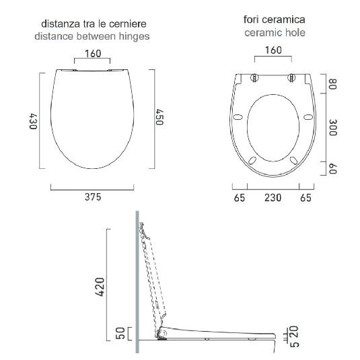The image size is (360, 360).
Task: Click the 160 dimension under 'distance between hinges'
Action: coord(93,55)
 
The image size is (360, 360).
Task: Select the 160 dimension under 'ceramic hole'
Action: coord(273,50)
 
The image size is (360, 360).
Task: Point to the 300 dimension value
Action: coord(332,128)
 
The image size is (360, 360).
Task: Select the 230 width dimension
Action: coord(273,197)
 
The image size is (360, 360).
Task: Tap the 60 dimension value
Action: coord(332,168)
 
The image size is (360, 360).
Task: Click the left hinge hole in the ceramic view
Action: coord(254,77)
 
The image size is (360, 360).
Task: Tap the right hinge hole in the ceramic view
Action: coord(291,77)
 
